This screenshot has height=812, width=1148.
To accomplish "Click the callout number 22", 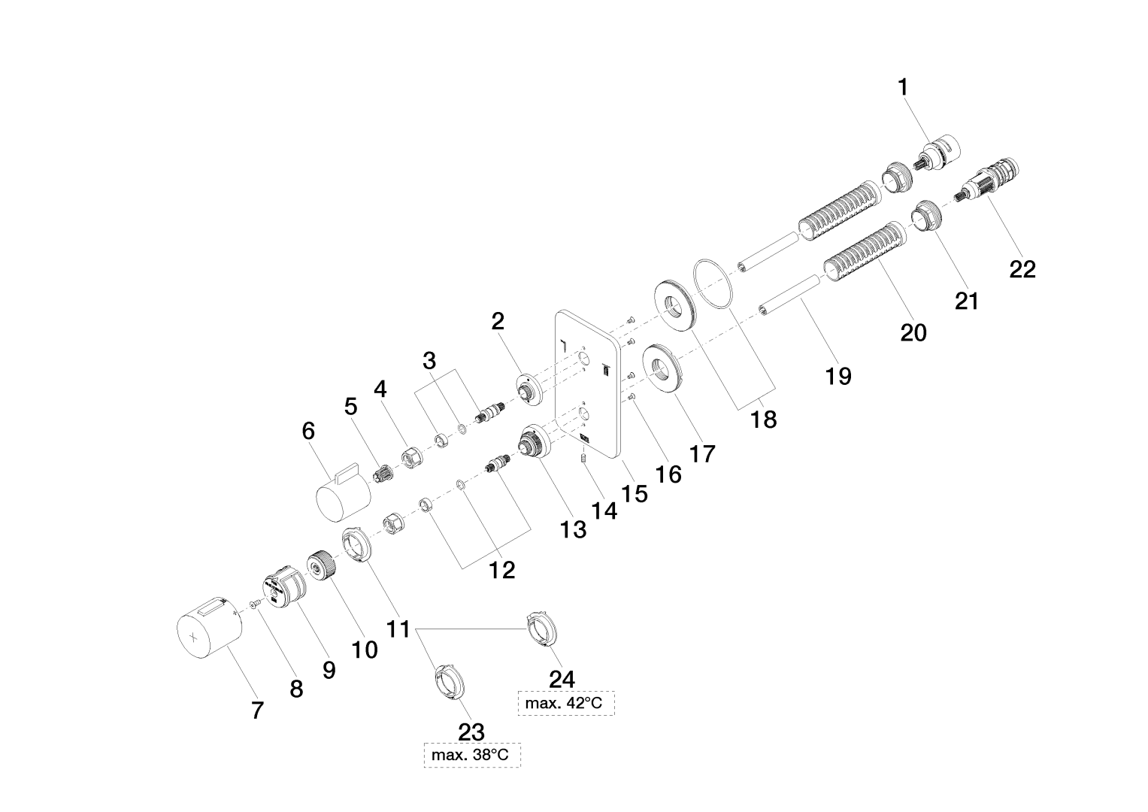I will point(1022,268).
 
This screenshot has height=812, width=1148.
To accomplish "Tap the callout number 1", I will point(903,88).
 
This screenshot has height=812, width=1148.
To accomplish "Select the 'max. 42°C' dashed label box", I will point(566,704).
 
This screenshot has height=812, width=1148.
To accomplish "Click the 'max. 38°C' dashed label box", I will point(472,754).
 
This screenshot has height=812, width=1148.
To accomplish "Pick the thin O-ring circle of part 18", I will point(713,283).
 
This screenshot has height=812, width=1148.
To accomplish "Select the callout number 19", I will point(838,374).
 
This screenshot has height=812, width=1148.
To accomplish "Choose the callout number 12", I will point(502,570).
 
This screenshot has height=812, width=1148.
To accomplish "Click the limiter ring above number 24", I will point(543,629).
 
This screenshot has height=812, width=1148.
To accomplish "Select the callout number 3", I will point(429,360).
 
